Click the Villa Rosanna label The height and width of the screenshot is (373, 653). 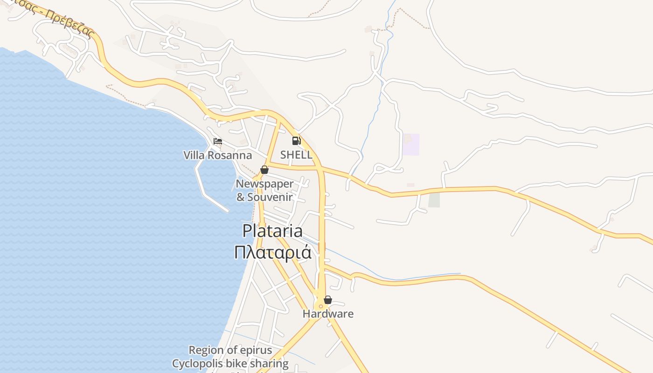click(x=217, y=155)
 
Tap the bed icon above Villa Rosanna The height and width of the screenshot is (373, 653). click(x=218, y=141)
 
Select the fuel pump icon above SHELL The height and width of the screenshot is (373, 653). click(x=296, y=140)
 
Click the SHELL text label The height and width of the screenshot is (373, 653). click(x=296, y=155)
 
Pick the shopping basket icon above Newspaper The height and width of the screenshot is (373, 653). click(x=264, y=170)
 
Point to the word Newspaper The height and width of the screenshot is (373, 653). click(x=264, y=184)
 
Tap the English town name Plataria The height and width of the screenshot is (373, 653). click(x=272, y=231)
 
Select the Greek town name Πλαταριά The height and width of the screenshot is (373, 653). click(x=272, y=252)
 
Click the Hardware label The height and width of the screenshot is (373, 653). click(x=328, y=314)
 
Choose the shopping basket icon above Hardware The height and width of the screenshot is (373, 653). click(x=328, y=300)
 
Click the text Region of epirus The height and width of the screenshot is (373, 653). click(x=230, y=350)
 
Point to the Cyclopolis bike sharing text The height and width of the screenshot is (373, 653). click(x=230, y=363)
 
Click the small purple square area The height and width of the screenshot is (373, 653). click(x=411, y=145)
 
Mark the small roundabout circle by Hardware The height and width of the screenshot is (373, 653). click(x=321, y=306)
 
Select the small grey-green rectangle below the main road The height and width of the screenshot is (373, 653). click(x=434, y=200)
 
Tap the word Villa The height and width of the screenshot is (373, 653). click(x=194, y=155)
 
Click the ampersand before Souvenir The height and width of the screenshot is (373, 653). click(x=241, y=197)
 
